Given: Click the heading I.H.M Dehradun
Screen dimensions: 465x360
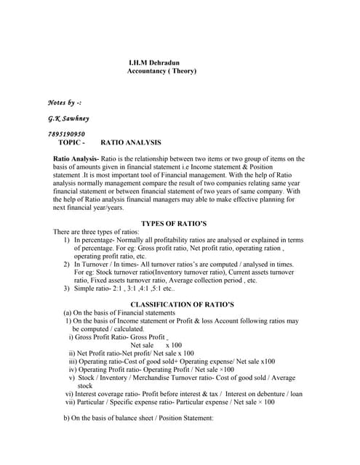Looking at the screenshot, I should pos(156,62).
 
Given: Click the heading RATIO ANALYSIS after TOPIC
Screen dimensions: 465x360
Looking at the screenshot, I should pos(131,142).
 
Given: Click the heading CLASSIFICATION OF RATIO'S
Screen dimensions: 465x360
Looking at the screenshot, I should pos(180,304).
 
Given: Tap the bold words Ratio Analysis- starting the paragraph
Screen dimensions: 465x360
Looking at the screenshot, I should pos(76,158).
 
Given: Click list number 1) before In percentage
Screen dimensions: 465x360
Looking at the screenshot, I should pos(67,239).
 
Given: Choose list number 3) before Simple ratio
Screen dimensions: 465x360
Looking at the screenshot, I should pos(67,288).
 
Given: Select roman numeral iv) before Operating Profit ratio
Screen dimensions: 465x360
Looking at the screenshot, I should pos(72,369).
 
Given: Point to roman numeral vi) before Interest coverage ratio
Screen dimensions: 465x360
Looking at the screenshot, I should pos(70,394).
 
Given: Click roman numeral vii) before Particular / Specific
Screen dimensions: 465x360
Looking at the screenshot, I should pos(71,402).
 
